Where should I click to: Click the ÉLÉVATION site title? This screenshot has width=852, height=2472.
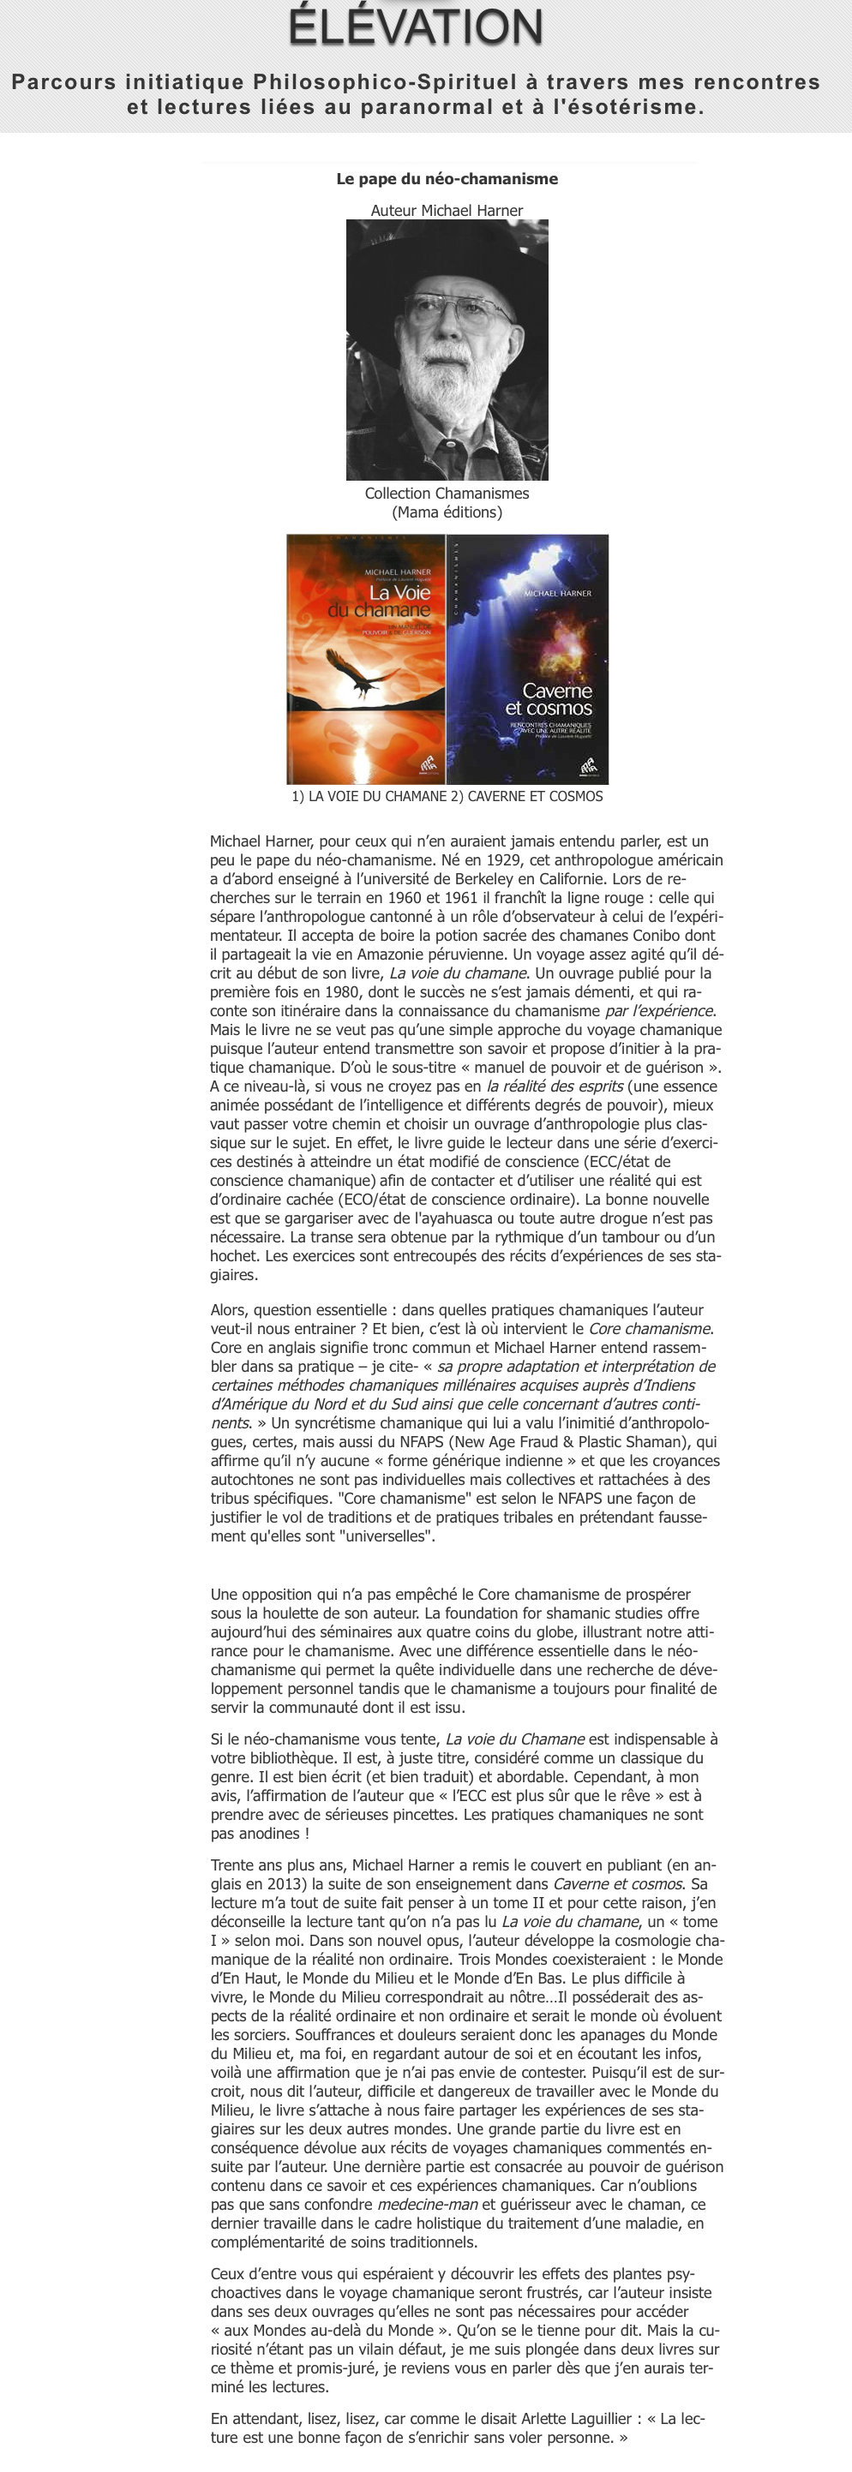tap(416, 27)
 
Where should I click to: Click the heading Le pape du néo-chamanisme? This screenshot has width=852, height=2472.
tap(447, 179)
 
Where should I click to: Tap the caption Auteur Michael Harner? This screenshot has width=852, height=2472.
tap(447, 210)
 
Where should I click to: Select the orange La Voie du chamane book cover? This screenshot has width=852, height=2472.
tap(365, 659)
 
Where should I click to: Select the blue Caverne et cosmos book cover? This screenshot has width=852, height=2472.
tap(528, 659)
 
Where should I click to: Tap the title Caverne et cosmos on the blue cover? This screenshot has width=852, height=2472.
tap(549, 698)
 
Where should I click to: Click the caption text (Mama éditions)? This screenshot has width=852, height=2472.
tap(447, 512)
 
